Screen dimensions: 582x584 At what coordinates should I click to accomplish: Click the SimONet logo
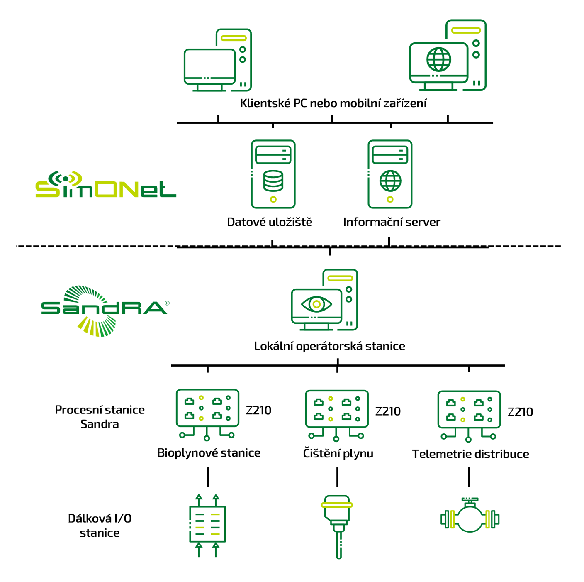pos(105,185)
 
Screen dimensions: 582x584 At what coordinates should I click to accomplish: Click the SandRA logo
pos(104,309)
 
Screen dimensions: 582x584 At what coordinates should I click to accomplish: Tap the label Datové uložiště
pos(270,222)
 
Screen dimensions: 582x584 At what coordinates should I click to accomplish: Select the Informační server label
pos(391,222)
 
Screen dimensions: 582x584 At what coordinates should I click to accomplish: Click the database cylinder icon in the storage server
pos(273,181)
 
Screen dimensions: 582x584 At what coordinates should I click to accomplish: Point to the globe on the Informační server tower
pos(390,181)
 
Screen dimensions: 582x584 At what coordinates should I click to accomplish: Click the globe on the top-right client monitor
pos(438,59)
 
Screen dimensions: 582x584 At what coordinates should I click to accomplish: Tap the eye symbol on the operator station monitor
pos(316,304)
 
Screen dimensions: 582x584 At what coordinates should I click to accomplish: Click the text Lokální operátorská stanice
pos(329,346)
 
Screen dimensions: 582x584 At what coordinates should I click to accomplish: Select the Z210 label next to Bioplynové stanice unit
pos(258,411)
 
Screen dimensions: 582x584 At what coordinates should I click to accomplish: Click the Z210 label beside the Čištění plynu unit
pos(388,411)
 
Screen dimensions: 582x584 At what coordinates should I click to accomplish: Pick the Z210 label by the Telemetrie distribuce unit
pos(520,412)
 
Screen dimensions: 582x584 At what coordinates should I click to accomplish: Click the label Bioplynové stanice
pos(209,453)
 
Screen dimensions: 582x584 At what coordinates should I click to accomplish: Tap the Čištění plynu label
pos(338,453)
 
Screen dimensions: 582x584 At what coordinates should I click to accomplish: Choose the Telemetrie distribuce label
pos(470,454)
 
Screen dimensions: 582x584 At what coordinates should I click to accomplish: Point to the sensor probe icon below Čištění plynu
pos(337,525)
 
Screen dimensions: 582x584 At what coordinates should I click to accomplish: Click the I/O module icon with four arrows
pos(207,525)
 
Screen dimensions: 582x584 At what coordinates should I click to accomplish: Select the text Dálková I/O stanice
pos(100,526)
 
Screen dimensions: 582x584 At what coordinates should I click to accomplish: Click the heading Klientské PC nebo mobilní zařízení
pos(333,103)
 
